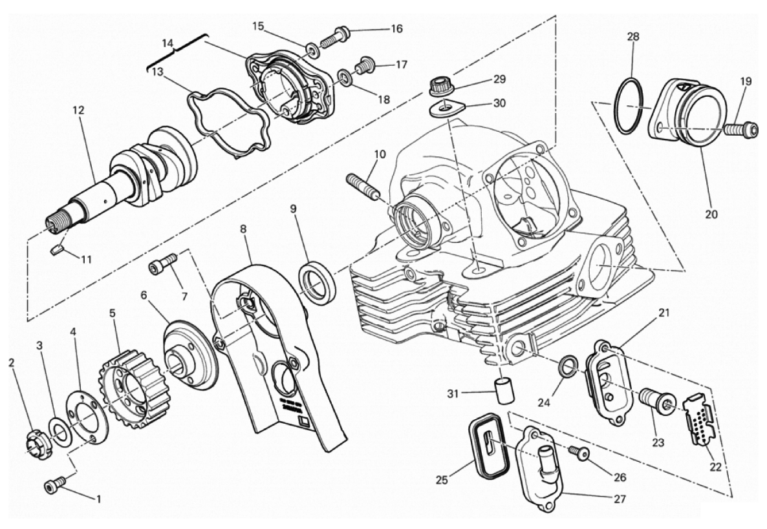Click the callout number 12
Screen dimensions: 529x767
tap(78, 110)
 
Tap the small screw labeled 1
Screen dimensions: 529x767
tap(55, 485)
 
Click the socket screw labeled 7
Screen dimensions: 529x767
tap(164, 264)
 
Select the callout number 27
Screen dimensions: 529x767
tap(620, 499)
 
